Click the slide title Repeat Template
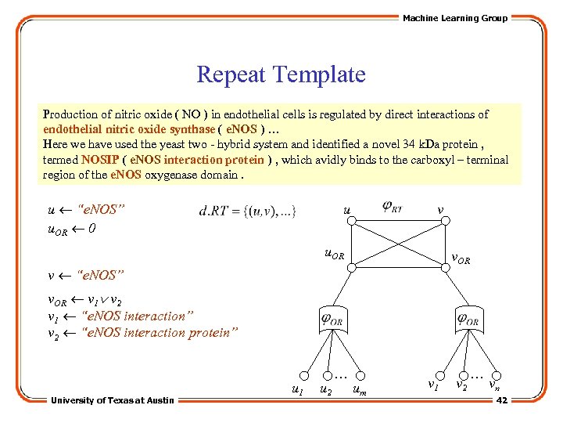pyautogui.click(x=281, y=75)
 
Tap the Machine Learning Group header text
pyautogui.click(x=454, y=18)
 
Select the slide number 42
pyautogui.click(x=502, y=400)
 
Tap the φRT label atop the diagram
pyautogui.click(x=393, y=208)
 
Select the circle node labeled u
pyautogui.click(x=352, y=222)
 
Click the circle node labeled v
pyautogui.click(x=446, y=222)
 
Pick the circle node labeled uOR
pyautogui.click(x=352, y=267)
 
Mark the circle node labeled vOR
pyautogui.click(x=446, y=267)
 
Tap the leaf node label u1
pyautogui.click(x=297, y=389)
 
